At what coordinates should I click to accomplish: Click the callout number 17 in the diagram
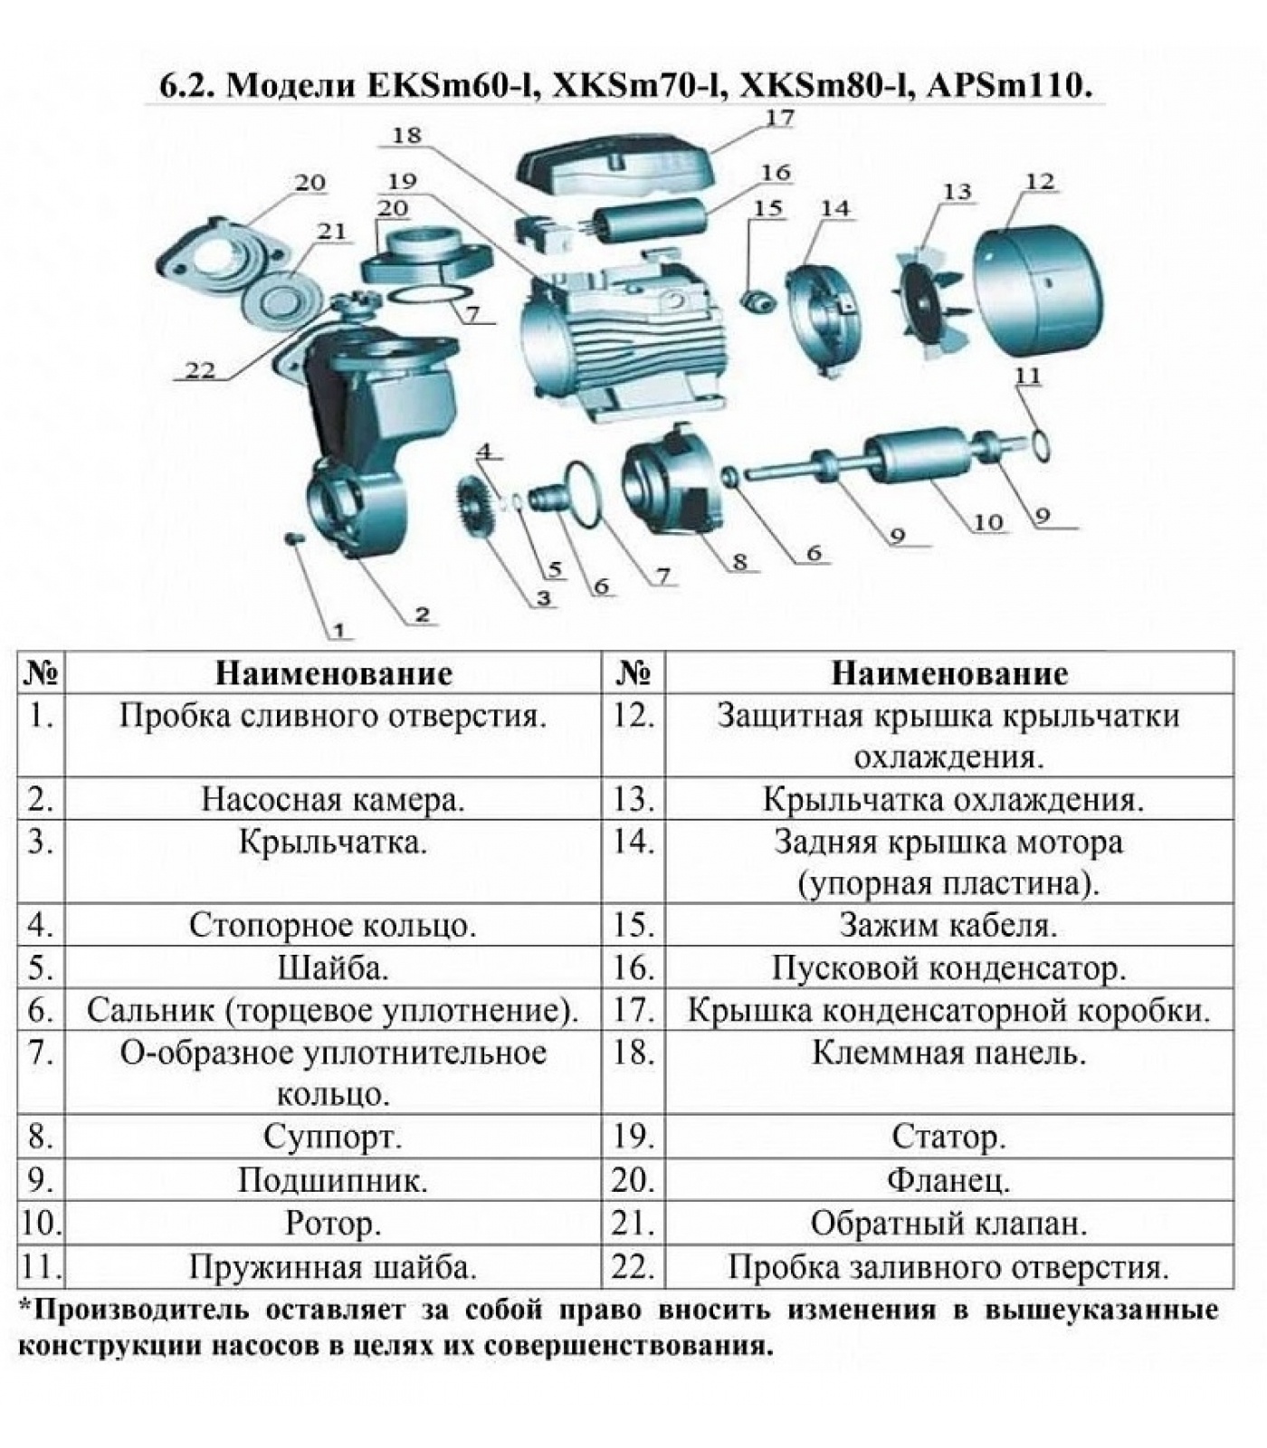click(779, 119)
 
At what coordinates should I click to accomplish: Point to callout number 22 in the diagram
click(200, 370)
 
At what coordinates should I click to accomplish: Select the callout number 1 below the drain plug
click(339, 630)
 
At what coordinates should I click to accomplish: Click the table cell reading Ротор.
click(332, 1224)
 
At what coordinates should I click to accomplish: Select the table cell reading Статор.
click(948, 1137)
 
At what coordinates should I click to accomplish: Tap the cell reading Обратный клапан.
click(948, 1224)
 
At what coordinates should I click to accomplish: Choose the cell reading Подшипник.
click(332, 1180)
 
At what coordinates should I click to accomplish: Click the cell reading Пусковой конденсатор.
click(948, 968)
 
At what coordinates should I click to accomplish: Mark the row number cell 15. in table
click(633, 925)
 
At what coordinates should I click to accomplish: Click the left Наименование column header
click(332, 673)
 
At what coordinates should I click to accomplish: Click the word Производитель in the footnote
click(139, 1310)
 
